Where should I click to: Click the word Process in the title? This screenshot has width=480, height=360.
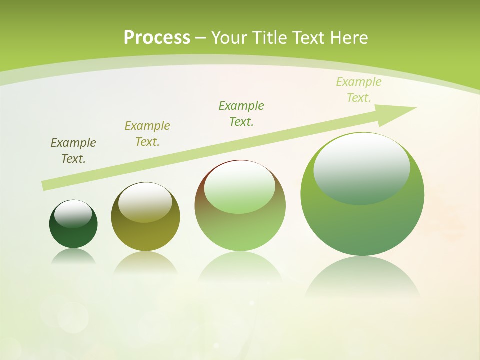157,38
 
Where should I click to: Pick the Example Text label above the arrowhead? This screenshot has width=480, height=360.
359,90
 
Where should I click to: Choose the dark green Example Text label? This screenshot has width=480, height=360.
241,113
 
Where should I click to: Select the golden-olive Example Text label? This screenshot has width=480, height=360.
147,134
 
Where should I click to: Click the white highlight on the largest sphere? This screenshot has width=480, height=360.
362,167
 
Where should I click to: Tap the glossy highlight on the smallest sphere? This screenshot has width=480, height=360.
73,213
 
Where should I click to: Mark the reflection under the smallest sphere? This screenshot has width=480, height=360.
73,256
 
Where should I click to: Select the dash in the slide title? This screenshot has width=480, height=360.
201,38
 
